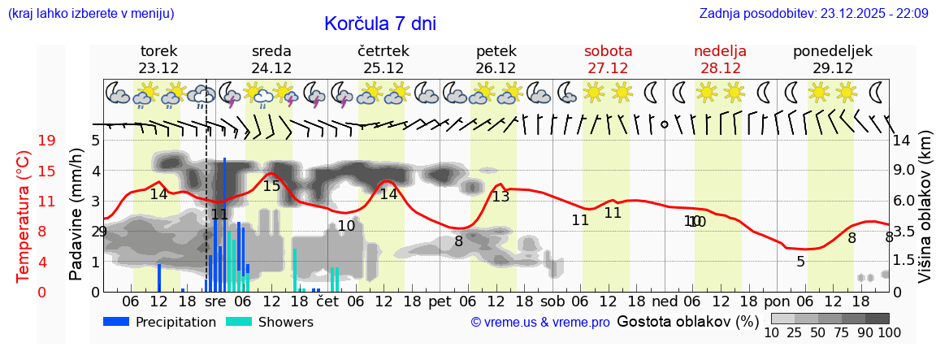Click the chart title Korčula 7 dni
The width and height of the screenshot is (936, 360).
tap(379, 24)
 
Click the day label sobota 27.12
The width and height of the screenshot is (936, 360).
tap(608, 59)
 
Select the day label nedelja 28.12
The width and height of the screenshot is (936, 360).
tap(720, 59)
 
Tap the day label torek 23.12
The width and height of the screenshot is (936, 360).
tap(158, 59)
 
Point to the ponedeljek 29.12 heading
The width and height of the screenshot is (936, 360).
tap(833, 59)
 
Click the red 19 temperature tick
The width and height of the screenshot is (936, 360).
tap(47, 141)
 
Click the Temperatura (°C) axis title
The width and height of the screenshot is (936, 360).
tap(24, 216)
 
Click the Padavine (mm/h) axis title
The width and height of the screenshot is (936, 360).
tap(76, 215)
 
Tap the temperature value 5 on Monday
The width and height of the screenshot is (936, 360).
tap(800, 262)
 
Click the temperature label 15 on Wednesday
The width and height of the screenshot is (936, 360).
tap(271, 186)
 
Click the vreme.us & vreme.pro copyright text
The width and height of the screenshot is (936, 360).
tap(540, 323)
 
